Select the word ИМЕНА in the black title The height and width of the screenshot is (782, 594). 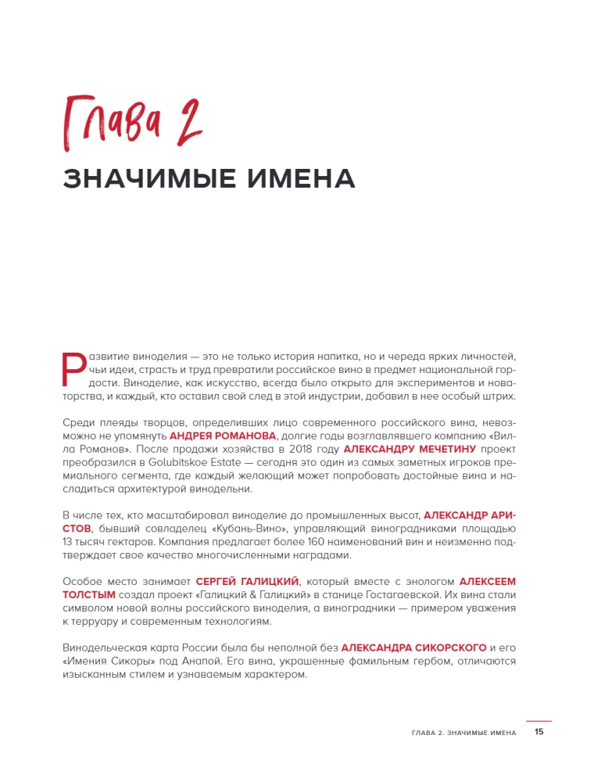click(301, 178)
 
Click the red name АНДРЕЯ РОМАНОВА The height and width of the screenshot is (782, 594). click(223, 436)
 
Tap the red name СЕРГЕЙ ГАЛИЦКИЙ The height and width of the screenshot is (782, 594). click(248, 582)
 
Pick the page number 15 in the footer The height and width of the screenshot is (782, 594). click(539, 733)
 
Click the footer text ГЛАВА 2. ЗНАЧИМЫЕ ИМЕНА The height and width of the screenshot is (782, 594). click(463, 733)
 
